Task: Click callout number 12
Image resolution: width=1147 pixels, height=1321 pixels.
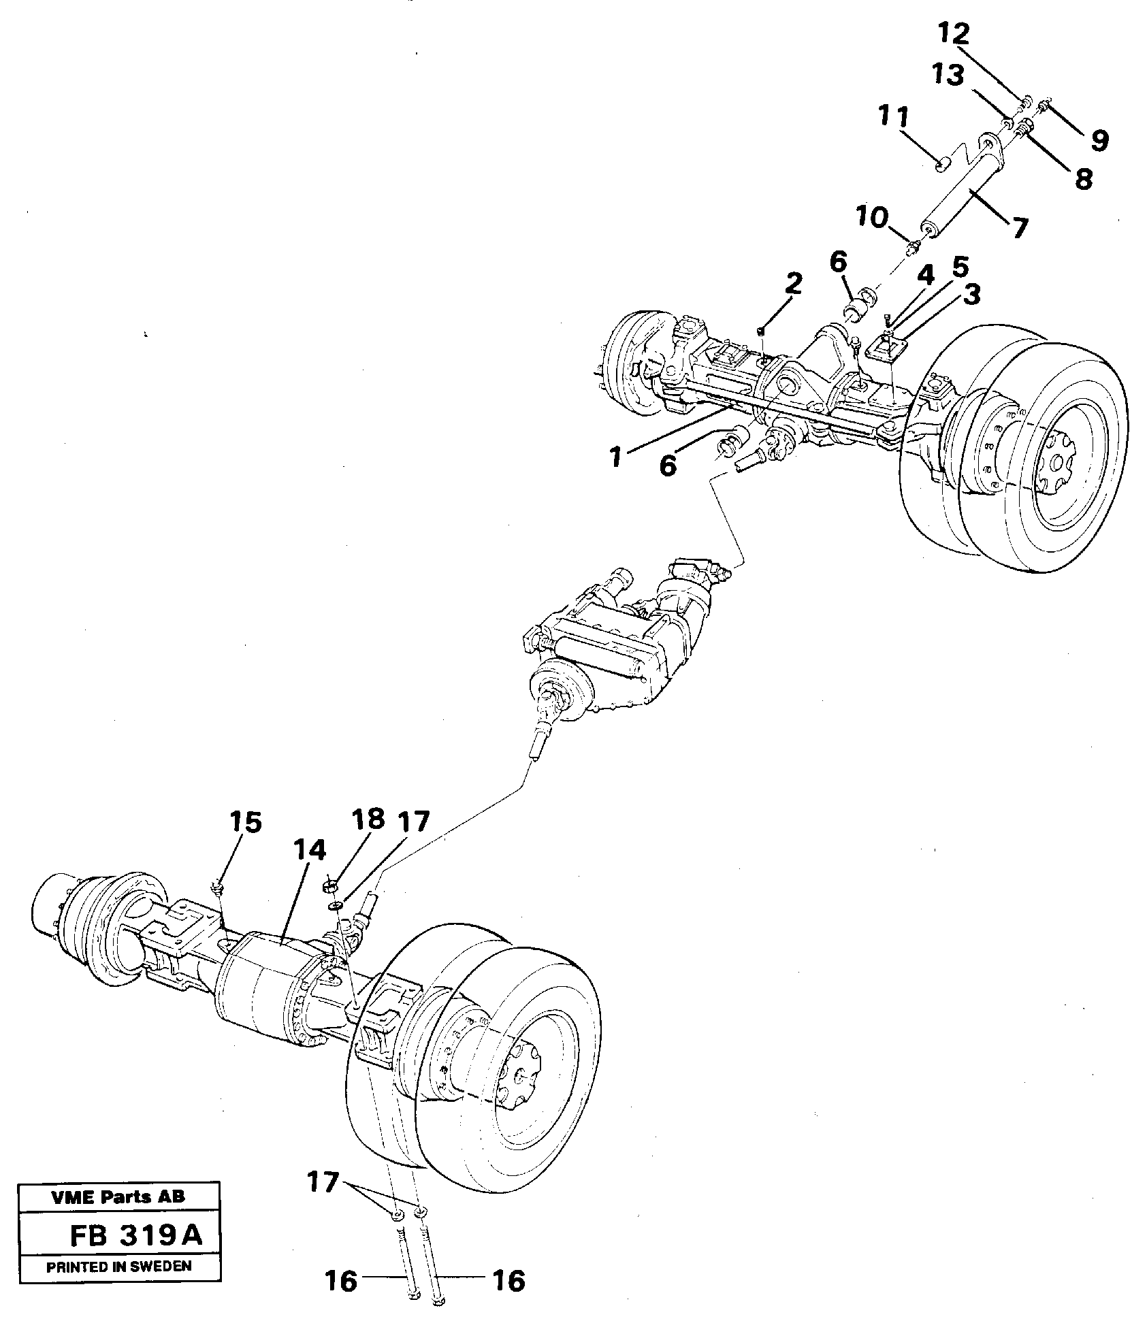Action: coord(955,34)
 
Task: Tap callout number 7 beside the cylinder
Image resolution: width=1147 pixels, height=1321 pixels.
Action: coord(1018,228)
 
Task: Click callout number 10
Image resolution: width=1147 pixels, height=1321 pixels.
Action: coord(873,219)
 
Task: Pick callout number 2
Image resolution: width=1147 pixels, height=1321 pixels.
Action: coord(792,284)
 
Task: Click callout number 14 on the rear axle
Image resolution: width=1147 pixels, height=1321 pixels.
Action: coord(310,850)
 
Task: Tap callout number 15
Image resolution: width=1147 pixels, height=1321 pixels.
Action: coord(245,822)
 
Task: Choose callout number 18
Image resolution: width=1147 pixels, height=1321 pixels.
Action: coord(368,819)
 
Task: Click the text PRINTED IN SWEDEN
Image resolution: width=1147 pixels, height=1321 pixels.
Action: coord(118,1267)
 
